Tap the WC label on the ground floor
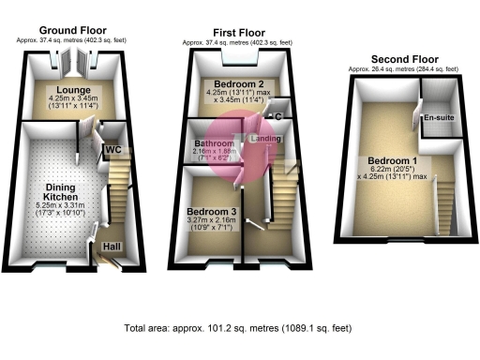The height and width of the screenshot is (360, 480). point(112,149)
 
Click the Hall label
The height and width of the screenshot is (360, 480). point(112,247)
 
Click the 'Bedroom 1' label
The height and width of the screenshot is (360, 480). point(392,160)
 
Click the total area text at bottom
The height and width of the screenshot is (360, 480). point(240,329)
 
